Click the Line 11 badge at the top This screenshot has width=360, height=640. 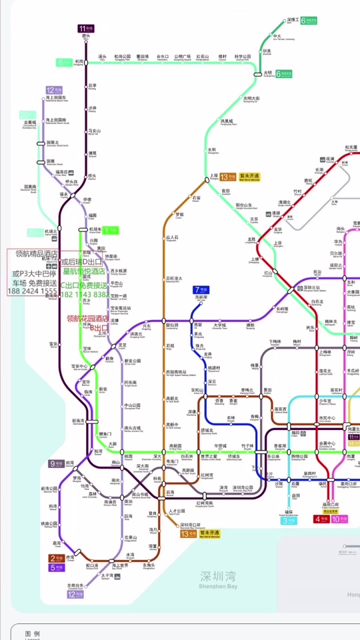coord(85,29)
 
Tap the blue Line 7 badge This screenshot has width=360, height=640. coord(200,289)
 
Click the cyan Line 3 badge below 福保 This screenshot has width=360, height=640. coord(289,521)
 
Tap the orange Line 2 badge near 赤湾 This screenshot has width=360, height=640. coord(57,558)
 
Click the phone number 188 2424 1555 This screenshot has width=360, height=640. coord(32,291)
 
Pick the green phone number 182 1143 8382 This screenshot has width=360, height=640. coord(85,294)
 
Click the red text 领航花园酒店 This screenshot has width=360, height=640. coord(88,319)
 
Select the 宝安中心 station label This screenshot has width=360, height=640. coord(79,367)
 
